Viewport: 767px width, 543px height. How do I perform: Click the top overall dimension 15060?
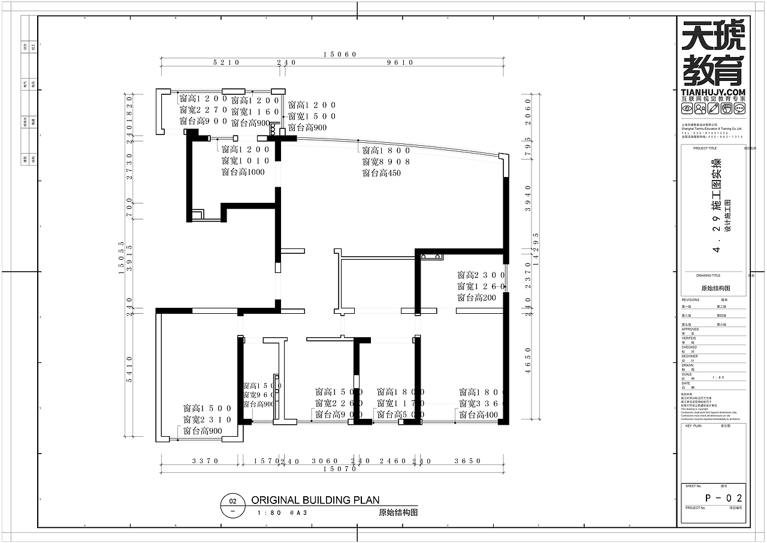click(340, 54)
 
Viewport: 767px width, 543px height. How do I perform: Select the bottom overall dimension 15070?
click(340, 469)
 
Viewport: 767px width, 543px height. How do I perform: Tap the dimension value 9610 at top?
click(400, 62)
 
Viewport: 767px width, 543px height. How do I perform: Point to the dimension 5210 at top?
click(226, 62)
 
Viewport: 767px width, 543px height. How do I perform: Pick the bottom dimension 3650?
click(467, 461)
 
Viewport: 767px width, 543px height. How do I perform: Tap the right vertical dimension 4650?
click(528, 360)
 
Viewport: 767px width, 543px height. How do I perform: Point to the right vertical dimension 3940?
click(528, 196)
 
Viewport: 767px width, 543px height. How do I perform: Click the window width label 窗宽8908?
click(386, 162)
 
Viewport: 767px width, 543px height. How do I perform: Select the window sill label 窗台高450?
click(381, 173)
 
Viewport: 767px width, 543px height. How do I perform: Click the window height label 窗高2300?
click(481, 275)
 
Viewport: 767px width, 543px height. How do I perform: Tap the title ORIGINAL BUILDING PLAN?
click(315, 500)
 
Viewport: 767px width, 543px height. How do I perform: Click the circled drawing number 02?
click(233, 502)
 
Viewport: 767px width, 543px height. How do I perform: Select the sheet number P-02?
click(724, 498)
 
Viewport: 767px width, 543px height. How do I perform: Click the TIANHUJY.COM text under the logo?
click(713, 91)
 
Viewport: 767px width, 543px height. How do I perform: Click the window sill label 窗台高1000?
click(243, 173)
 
